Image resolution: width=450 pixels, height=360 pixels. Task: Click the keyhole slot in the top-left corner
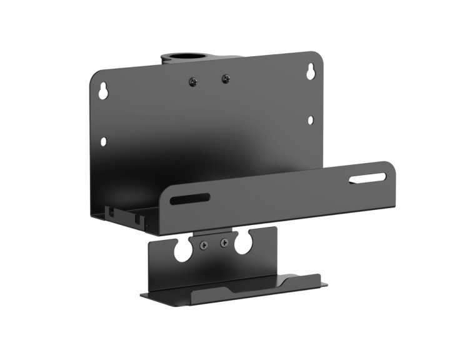point(104,91)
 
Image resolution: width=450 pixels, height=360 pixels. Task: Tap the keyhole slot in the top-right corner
point(309,73)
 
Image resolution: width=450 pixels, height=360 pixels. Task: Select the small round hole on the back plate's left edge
point(103,142)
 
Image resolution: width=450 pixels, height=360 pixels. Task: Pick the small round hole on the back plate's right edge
point(309,120)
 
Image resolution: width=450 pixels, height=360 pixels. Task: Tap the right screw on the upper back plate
point(224,79)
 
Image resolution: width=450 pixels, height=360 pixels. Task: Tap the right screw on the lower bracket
point(224,244)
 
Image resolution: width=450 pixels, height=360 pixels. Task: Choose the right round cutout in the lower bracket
point(245,244)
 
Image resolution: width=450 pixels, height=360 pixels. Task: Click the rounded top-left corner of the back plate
point(95,76)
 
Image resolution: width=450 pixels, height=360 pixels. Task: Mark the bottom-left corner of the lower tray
point(143,296)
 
